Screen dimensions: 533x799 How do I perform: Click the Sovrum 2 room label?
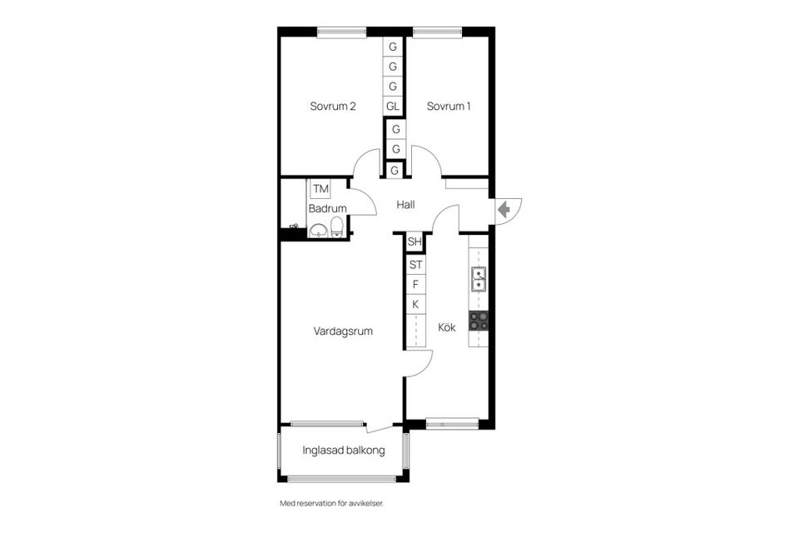333,107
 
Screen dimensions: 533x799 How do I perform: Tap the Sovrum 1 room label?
449,107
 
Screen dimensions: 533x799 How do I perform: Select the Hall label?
405,205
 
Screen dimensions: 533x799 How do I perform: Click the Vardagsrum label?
343,331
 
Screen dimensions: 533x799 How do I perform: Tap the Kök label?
447,327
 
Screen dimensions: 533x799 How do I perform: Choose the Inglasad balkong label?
344,451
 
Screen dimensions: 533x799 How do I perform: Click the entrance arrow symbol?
504,210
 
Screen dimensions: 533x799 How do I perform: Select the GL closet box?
393,107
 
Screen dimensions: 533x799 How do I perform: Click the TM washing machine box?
320,190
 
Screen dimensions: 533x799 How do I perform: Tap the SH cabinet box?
414,242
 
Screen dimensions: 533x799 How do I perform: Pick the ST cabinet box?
414,265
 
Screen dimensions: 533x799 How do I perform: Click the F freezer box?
414,285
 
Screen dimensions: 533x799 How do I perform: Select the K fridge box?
414,305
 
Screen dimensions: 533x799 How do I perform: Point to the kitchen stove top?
479,320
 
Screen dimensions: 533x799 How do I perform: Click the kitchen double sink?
479,279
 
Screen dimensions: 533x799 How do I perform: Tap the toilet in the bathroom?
336,227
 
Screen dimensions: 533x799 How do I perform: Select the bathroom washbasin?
317,230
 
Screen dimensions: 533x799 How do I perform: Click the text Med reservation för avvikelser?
331,503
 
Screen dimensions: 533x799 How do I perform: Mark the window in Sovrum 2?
341,32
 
